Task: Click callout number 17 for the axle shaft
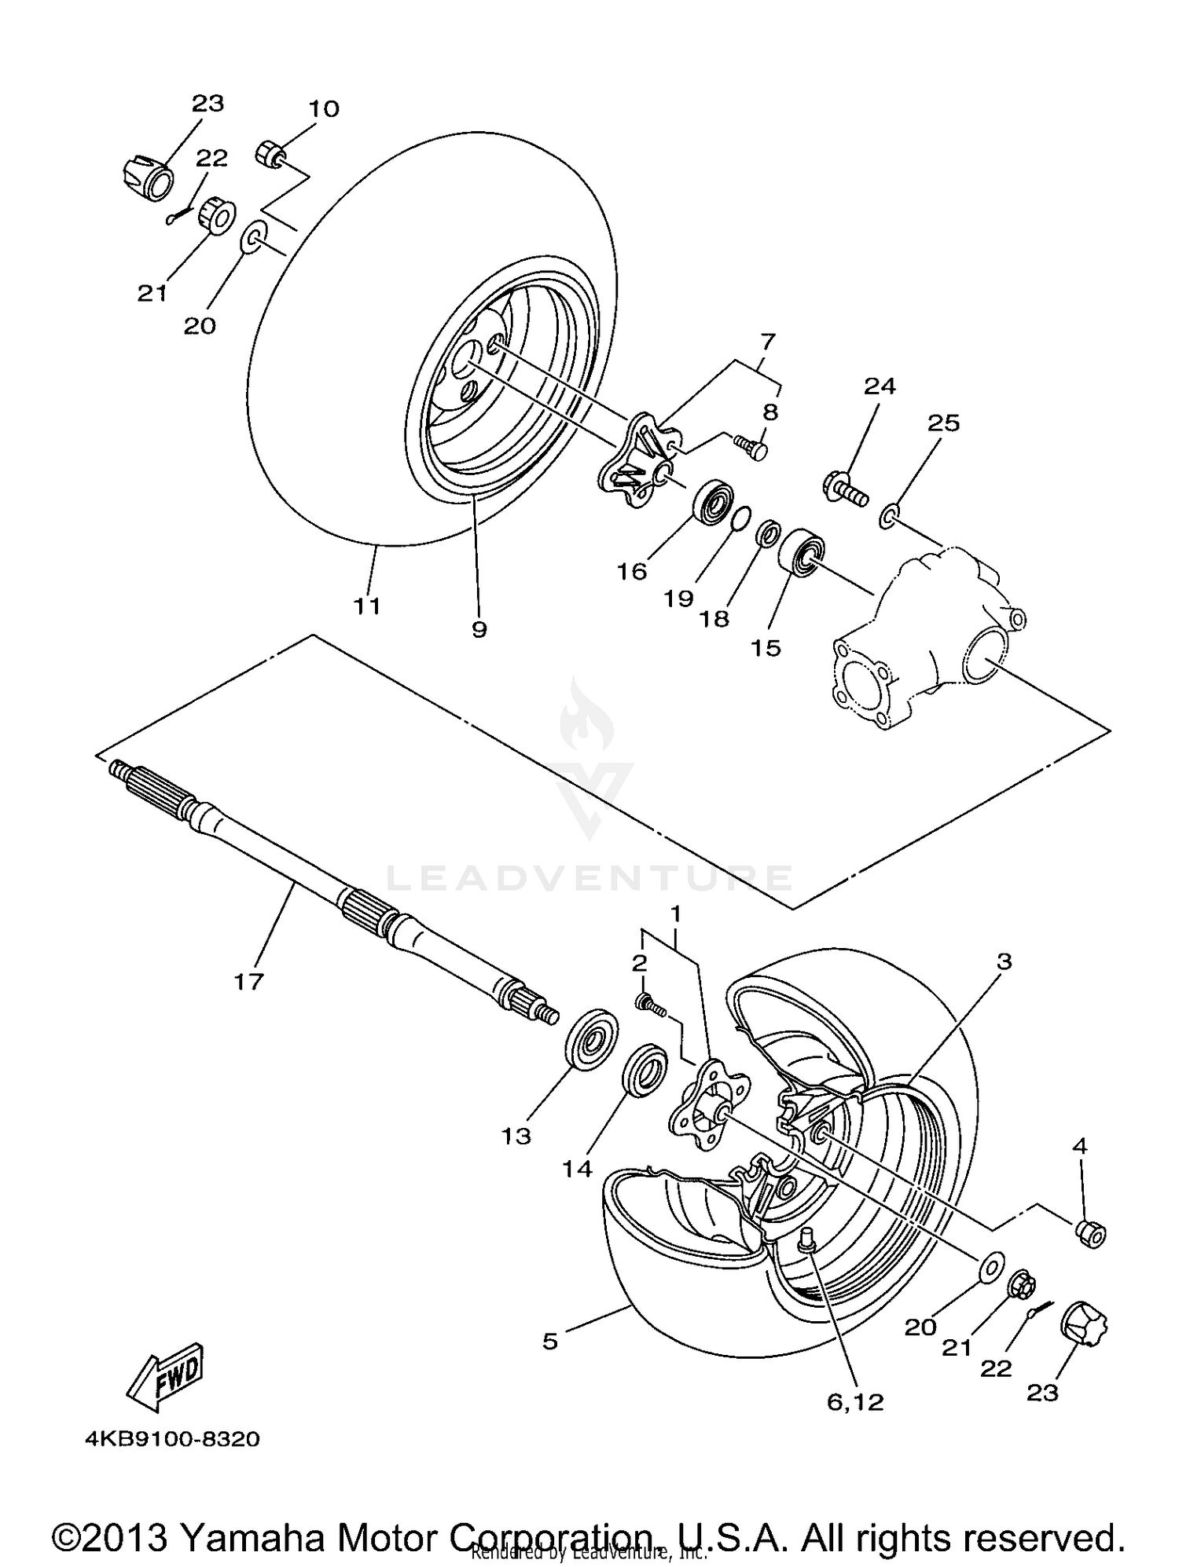[x=248, y=982]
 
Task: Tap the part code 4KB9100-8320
[x=172, y=1440]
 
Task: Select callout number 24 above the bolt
[x=880, y=386]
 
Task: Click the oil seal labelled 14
[x=645, y=1070]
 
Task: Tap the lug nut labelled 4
[x=1091, y=1234]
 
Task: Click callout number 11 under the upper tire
[x=366, y=606]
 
